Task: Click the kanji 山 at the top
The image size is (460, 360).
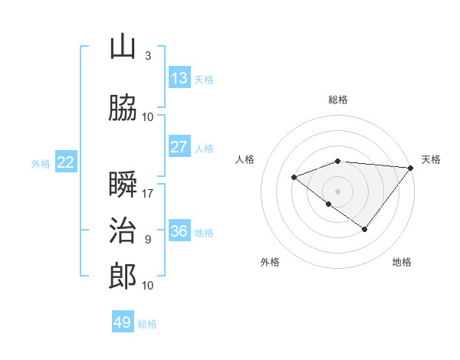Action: pos(123,47)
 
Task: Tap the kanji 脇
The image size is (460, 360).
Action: pos(123,108)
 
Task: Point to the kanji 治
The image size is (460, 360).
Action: pos(123,231)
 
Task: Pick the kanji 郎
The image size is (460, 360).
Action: pos(123,277)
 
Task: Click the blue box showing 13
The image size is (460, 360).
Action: pos(179,78)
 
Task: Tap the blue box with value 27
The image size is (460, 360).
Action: pos(179,147)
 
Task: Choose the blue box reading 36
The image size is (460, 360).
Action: pos(179,231)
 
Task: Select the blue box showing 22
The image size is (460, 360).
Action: pos(66,162)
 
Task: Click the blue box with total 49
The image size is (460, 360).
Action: pos(123,322)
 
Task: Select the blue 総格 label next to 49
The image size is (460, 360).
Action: pos(147,324)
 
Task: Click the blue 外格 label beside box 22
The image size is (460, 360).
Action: pos(41,163)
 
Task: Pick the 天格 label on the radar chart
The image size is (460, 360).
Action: pos(431,159)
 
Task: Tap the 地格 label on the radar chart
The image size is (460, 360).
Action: pos(402,262)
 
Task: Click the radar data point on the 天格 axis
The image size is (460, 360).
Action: pos(411,168)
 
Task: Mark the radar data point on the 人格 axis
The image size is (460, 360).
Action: pos(294,178)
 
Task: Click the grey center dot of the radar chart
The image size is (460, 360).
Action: pos(337,191)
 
